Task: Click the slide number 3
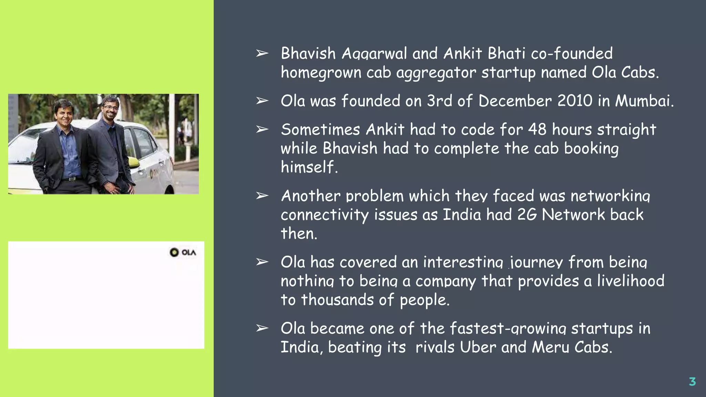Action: pos(692,381)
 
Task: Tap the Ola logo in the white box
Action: pos(183,252)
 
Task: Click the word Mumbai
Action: pos(644,101)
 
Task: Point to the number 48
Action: pos(537,130)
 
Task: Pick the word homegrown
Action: pos(321,73)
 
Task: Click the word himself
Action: pos(309,167)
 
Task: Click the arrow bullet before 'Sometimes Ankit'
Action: pos(262,130)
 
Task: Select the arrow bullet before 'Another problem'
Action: pos(262,196)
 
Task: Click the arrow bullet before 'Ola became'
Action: pos(262,328)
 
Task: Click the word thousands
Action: pos(337,300)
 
